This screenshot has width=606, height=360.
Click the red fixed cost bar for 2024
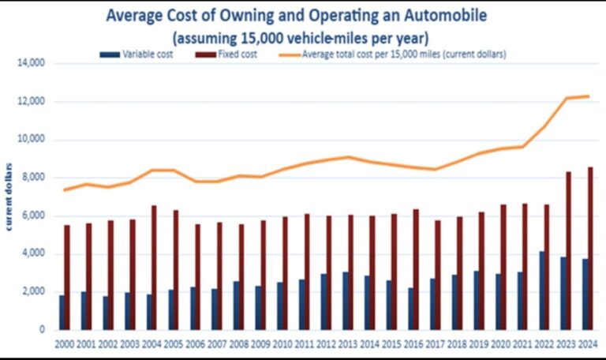(589, 248)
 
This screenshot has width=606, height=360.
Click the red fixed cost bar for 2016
(416, 269)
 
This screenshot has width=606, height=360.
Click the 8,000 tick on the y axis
(33, 178)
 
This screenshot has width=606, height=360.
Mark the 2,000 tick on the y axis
(33, 291)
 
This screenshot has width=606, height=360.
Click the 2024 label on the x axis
(587, 345)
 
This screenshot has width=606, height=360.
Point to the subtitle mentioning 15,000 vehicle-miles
(304, 36)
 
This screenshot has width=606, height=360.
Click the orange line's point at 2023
(566, 98)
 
